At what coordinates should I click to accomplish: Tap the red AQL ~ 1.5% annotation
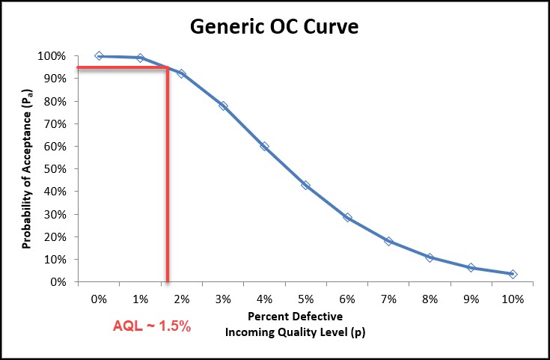click(x=152, y=327)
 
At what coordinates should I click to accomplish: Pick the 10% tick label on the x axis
click(x=513, y=299)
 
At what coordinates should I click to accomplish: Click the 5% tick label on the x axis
click(x=306, y=299)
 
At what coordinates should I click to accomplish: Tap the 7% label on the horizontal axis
click(x=388, y=299)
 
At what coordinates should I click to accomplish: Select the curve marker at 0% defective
click(x=99, y=56)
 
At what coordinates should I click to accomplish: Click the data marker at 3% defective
click(x=223, y=106)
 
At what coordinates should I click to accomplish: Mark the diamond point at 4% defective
click(x=264, y=146)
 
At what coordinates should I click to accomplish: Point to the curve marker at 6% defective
click(x=347, y=218)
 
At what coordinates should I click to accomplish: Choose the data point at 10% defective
click(x=513, y=275)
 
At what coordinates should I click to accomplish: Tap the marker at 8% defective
click(x=430, y=257)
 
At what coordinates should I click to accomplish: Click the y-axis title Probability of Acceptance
click(x=27, y=169)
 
